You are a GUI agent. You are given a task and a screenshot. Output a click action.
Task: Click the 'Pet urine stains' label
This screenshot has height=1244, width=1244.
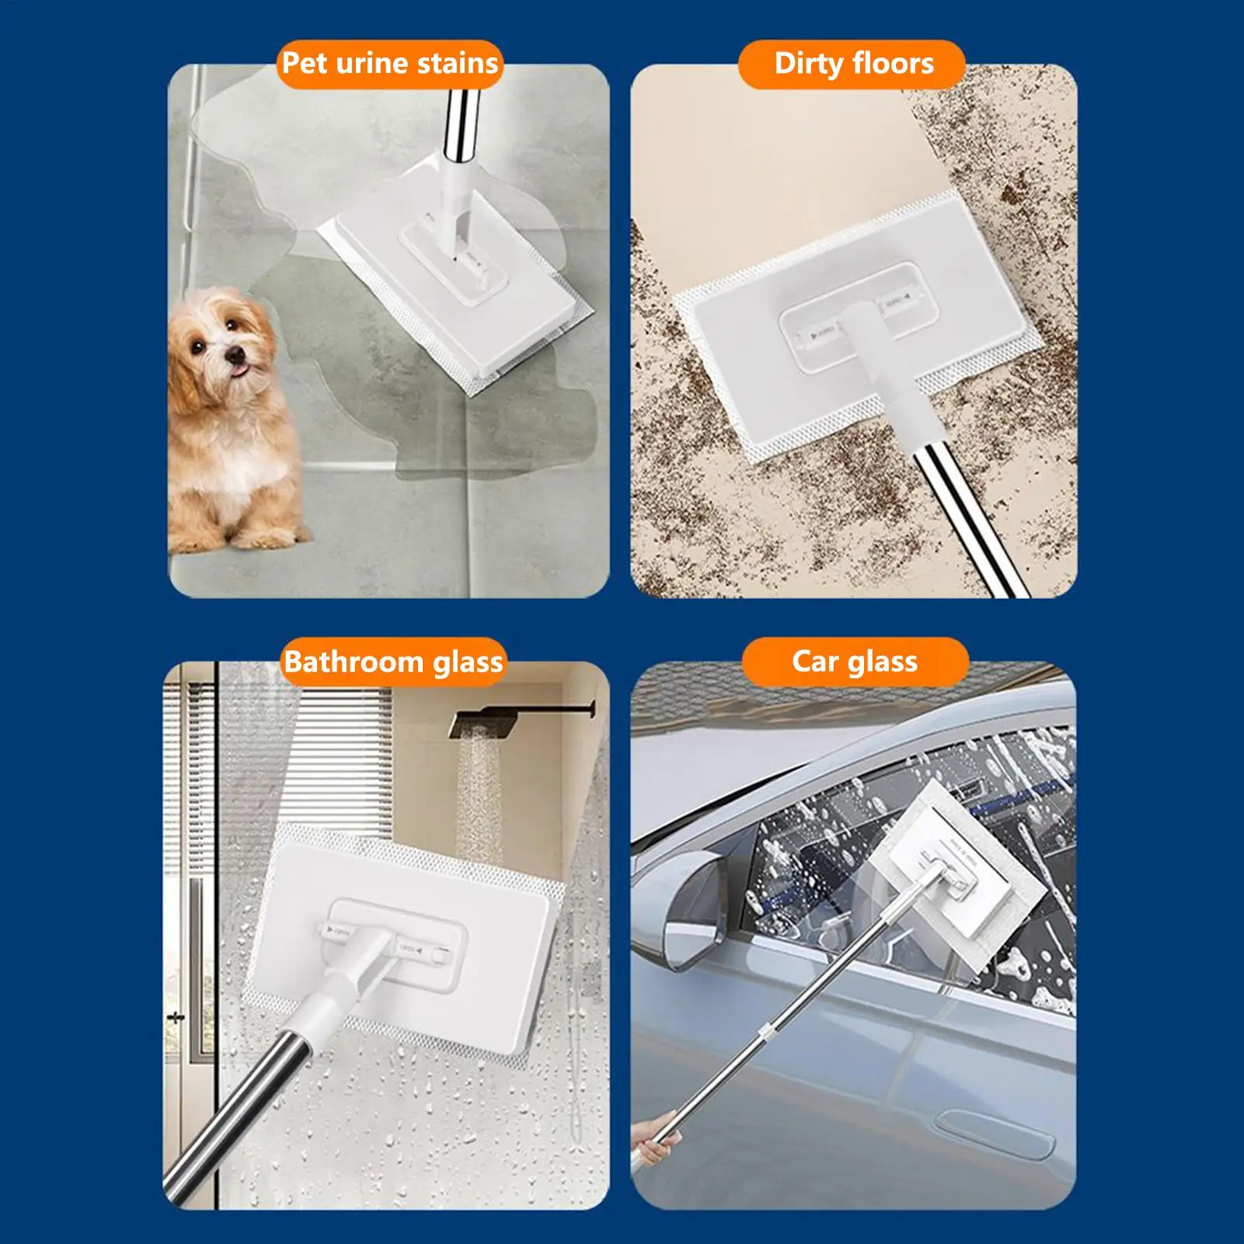[x=389, y=64]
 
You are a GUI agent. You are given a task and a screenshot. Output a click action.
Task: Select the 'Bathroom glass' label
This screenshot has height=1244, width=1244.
[x=393, y=662]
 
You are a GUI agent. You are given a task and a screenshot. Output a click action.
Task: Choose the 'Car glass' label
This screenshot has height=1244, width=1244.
[x=855, y=662]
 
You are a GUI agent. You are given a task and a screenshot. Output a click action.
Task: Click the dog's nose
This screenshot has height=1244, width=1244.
[x=234, y=356]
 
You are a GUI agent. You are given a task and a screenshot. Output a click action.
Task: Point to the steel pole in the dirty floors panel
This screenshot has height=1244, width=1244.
[x=971, y=521]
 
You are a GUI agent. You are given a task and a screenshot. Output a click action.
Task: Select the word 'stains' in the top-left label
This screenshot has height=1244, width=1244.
[x=458, y=64]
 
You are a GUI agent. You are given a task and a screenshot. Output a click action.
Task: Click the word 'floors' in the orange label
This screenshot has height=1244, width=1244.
[x=893, y=64]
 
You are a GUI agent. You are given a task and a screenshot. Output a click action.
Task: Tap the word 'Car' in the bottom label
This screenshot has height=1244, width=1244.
[x=815, y=662]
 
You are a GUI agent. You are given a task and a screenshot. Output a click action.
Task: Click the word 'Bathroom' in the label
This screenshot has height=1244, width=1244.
[x=354, y=662]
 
